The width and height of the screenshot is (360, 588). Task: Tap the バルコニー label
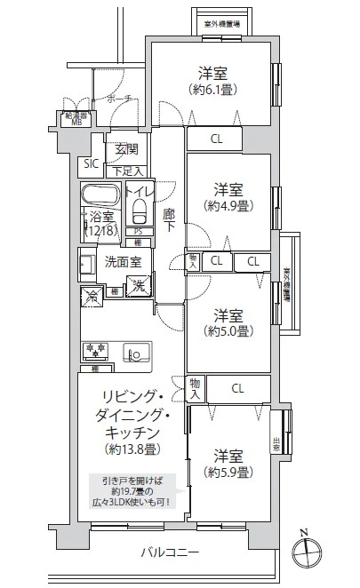coord(170,552)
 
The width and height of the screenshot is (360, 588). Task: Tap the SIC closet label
coord(90,163)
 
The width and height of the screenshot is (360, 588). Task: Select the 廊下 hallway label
coord(169,220)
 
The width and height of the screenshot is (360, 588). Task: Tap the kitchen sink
coord(138,352)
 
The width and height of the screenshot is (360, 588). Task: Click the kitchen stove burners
coord(95,348)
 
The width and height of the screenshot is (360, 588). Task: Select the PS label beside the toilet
coord(138,232)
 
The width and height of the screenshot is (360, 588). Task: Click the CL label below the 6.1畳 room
coord(217,139)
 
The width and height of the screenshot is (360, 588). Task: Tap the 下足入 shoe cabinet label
coord(126,170)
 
